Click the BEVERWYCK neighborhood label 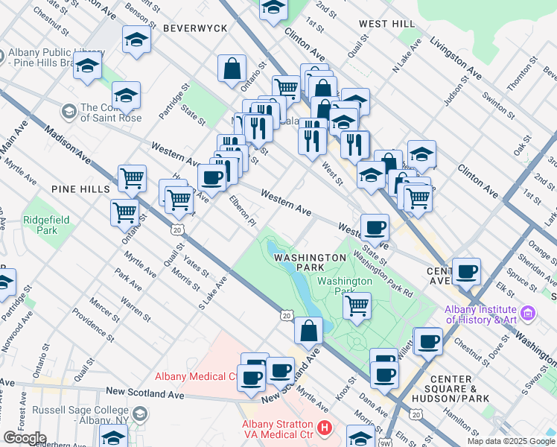(x=185, y=28)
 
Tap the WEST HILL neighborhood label (x=386, y=24)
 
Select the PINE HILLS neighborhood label (x=80, y=190)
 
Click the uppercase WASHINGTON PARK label (x=310, y=261)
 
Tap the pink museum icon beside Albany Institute (x=528, y=313)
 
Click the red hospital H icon (x=324, y=428)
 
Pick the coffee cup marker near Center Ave (x=466, y=271)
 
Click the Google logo (x=25, y=438)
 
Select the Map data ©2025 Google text (x=511, y=441)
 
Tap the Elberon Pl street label (x=242, y=211)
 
